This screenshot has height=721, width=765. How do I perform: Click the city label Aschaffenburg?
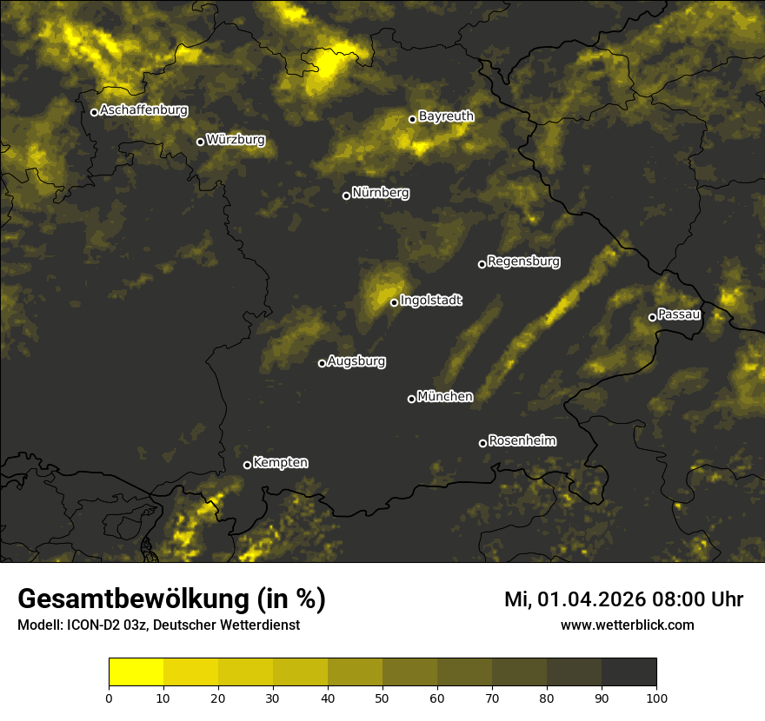(x=143, y=110)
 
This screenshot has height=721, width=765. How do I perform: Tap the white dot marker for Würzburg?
(x=200, y=142)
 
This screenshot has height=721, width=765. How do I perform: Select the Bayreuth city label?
(x=446, y=116)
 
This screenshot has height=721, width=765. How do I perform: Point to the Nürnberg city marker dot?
(x=346, y=195)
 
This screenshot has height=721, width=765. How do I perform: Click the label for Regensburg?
(x=523, y=261)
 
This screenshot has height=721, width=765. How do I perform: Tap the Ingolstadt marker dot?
(x=394, y=302)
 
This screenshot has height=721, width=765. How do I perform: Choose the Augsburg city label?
(x=356, y=360)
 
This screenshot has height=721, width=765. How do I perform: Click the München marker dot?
(x=411, y=399)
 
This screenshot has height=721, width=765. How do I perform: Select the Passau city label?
(x=679, y=314)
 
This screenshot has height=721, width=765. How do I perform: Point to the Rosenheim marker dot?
(x=482, y=443)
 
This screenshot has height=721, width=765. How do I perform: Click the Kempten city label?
(x=280, y=462)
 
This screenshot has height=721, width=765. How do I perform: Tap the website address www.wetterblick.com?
(x=627, y=625)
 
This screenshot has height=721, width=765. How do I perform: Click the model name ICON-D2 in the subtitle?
(x=90, y=625)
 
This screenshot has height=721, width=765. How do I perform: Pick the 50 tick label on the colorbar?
(x=382, y=697)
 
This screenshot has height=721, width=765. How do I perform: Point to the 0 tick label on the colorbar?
(x=109, y=697)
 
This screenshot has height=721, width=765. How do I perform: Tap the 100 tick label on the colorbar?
(x=656, y=697)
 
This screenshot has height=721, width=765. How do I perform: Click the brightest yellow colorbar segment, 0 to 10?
(x=136, y=672)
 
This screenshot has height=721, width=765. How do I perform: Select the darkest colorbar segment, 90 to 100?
(x=629, y=672)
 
